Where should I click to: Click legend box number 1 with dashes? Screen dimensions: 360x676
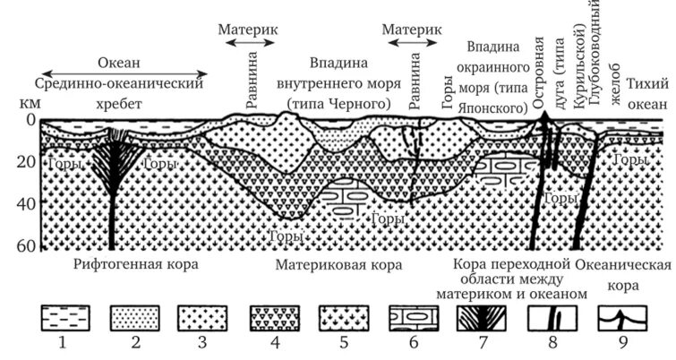(x=66, y=319)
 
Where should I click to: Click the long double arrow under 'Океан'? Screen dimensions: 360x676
(x=125, y=74)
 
